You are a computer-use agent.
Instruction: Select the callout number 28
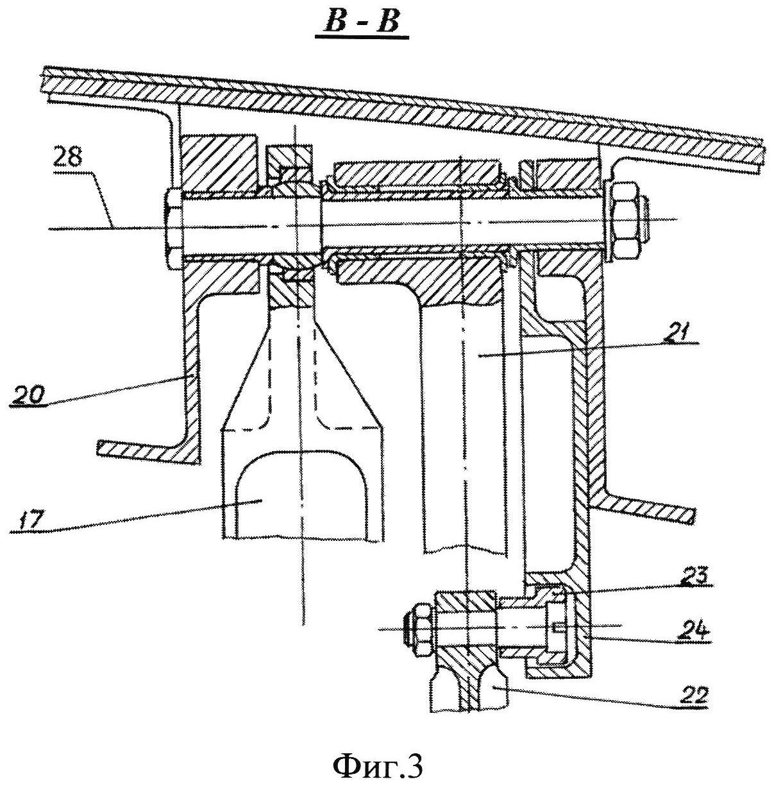[x=68, y=157]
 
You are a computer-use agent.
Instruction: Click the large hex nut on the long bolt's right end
[x=625, y=221]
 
